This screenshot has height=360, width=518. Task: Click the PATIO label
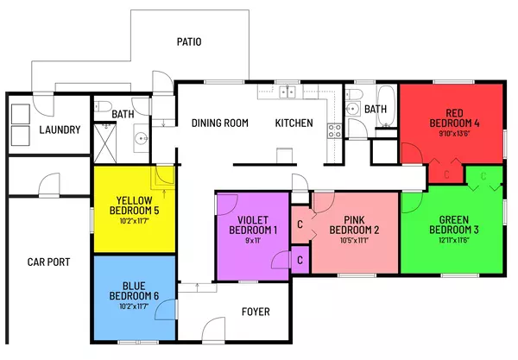[189, 41]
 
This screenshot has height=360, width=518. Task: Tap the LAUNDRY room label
[60, 130]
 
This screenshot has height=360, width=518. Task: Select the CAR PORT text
[48, 262]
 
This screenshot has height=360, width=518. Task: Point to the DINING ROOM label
[220, 123]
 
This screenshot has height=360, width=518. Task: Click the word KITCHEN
[294, 123]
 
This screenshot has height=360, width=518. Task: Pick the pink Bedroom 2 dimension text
[355, 241]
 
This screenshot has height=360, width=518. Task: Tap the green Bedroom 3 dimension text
[452, 241]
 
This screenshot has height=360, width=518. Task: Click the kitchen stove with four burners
[333, 131]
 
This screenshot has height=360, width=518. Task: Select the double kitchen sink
[287, 91]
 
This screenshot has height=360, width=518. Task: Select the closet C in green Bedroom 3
[483, 176]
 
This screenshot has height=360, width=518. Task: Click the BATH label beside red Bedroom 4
[376, 110]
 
